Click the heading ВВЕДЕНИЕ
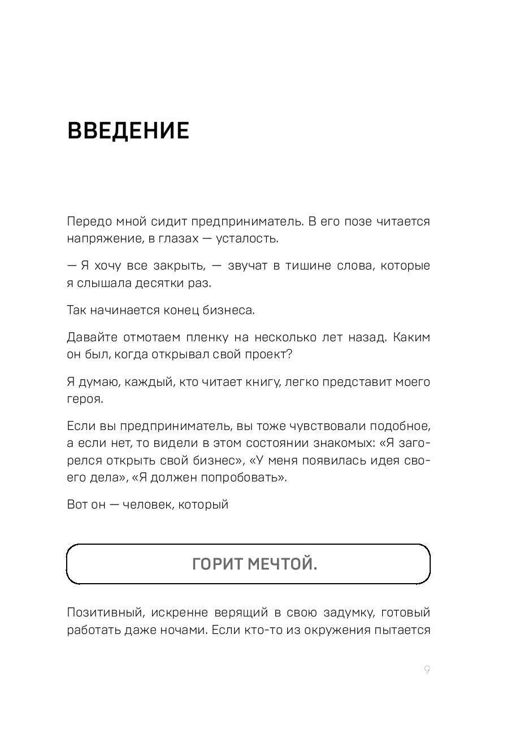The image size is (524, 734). [x=128, y=131]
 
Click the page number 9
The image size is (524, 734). [x=427, y=670]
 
